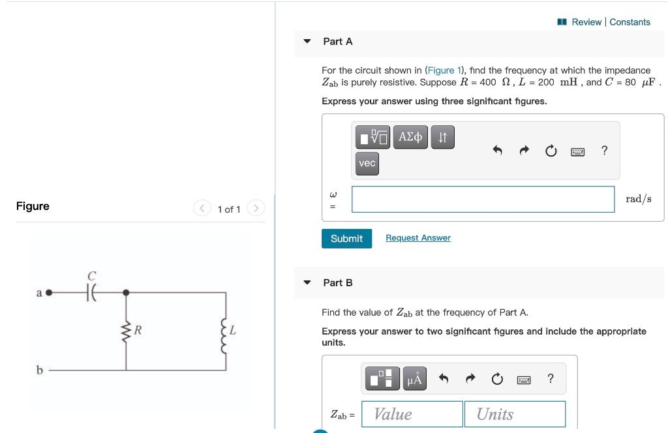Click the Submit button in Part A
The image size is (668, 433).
coord(346,239)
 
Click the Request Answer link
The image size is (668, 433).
coord(417,238)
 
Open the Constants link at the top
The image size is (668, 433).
coord(630,22)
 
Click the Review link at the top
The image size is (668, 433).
coord(586,22)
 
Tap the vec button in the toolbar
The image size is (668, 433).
coord(367,163)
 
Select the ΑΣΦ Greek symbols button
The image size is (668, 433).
coord(410,137)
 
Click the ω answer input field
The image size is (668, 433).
coord(483,199)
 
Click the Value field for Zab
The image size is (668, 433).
coord(412,414)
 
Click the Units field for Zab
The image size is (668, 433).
coord(515,414)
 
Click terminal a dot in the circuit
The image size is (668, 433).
coord(48,293)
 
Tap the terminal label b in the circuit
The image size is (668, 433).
coord(39,370)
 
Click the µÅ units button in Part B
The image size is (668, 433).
coord(415,378)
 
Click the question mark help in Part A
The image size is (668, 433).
coord(604,151)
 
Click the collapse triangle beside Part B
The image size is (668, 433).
coord(307,283)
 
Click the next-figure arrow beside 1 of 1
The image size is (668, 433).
coord(256,209)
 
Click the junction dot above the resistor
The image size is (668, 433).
coord(126,293)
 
